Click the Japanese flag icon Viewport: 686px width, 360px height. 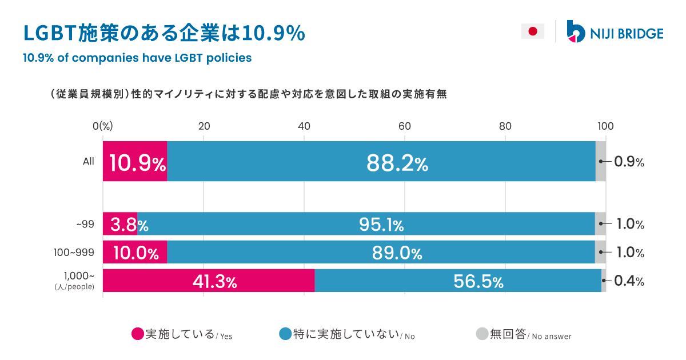click(532, 31)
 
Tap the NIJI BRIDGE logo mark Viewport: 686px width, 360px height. click(575, 31)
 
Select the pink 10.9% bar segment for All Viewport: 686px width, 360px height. click(135, 162)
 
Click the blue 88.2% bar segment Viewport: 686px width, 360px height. click(381, 162)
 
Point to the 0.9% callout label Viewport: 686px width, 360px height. click(629, 162)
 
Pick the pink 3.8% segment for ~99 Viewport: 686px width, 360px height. click(120, 224)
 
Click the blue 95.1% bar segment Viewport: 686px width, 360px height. click(366, 224)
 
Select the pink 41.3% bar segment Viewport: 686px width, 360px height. click(209, 281)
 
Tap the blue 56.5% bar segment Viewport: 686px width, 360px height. click(457, 281)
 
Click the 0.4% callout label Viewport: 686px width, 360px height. click(629, 281)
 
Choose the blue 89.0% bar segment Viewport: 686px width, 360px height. click(381, 252)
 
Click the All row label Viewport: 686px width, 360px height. click(88, 162)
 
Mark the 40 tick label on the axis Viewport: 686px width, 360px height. click(304, 127)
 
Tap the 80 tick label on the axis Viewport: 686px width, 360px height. click(505, 127)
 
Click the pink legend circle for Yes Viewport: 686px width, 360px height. click(137, 334)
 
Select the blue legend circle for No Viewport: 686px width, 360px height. click(285, 334)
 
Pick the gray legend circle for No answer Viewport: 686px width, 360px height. click(482, 334)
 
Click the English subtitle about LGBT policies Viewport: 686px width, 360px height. click(137, 58)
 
